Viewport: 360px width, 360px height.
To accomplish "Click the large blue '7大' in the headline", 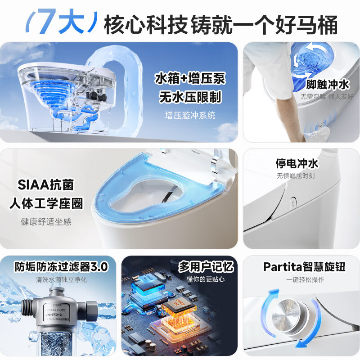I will (x=59, y=22).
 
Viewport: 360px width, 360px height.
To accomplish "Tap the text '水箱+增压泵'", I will (x=189, y=79).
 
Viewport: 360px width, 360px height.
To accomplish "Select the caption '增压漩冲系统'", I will (x=189, y=116).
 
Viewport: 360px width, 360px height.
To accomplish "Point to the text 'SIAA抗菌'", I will (x=45, y=185).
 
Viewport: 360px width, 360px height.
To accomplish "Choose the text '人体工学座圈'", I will (x=46, y=203).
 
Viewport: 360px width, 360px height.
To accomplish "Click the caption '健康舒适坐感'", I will (x=46, y=221).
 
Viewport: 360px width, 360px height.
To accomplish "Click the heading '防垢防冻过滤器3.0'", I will (x=61, y=266).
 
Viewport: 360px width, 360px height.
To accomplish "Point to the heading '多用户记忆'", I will (x=206, y=266).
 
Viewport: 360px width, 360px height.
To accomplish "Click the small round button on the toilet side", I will (x=293, y=203).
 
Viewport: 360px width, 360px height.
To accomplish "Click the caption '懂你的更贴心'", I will (x=206, y=279).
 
